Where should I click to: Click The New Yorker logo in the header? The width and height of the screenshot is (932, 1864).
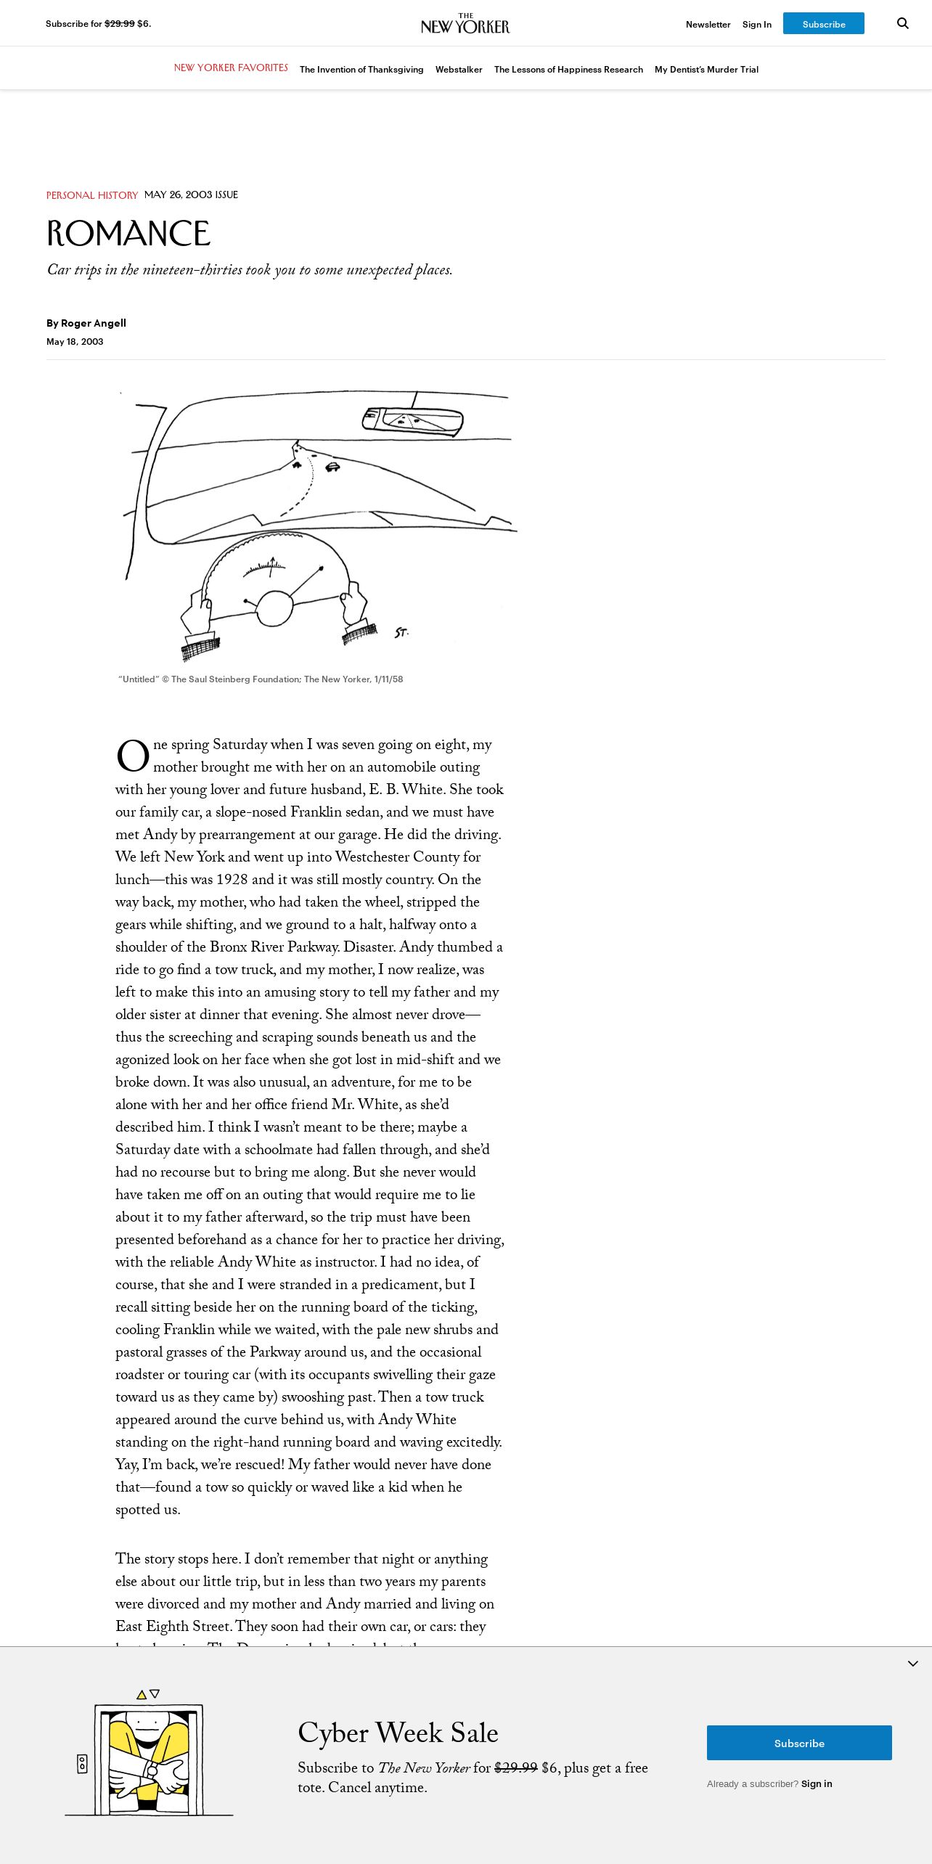465,24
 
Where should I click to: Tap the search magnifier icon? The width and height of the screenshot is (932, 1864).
903,23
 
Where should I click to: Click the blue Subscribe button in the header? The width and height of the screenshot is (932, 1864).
823,24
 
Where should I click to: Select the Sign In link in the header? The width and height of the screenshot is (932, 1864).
756,25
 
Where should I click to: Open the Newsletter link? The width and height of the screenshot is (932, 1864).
708,25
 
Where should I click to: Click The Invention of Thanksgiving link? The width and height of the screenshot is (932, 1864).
361,70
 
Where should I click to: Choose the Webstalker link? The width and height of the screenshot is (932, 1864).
459,70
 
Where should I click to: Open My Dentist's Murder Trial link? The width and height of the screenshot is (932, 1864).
706,70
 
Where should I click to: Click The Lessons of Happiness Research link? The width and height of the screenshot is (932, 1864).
568,70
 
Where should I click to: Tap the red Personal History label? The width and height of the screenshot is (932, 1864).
92,195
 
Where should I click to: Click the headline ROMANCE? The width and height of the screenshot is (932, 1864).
128,234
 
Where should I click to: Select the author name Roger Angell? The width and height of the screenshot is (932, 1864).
94,323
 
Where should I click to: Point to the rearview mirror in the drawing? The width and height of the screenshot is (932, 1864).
413,420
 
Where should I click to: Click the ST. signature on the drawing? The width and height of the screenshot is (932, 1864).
401,633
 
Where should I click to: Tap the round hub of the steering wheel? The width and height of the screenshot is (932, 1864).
274,608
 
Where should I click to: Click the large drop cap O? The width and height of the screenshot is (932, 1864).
133,756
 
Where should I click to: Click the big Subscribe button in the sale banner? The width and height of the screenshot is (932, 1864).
799,1743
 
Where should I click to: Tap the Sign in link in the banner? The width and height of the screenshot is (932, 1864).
817,1783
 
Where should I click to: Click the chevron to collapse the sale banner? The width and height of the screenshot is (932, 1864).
913,1663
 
